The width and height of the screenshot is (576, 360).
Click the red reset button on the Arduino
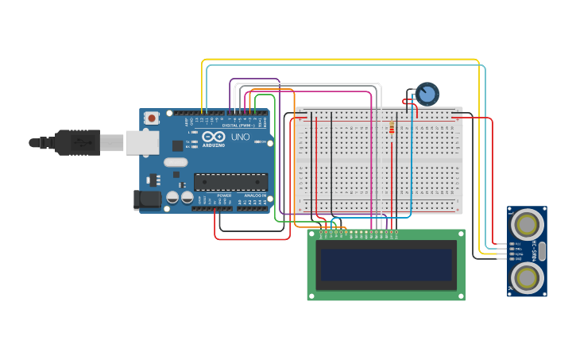(x=151, y=118)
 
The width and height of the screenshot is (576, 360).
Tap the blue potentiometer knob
(x=427, y=94)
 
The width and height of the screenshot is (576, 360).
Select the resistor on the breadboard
(x=391, y=130)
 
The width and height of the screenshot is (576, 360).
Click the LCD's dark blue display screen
(x=386, y=265)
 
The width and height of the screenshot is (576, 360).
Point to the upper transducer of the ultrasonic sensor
(x=528, y=223)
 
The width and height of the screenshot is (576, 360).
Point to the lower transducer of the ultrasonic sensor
(x=528, y=277)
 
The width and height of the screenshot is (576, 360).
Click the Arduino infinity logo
(x=214, y=137)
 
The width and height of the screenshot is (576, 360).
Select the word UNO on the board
(x=241, y=137)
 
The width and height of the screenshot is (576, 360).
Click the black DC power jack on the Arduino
(x=148, y=199)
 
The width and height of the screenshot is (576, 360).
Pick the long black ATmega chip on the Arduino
(x=230, y=182)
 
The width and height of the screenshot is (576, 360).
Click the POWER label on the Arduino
(x=224, y=195)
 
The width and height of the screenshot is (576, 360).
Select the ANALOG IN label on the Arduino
(x=254, y=195)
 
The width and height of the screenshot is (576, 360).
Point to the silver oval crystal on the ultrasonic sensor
(x=542, y=251)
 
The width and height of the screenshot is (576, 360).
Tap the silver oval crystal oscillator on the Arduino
(x=176, y=162)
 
